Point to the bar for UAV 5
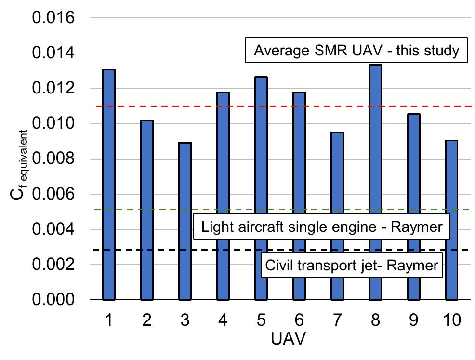click(x=261, y=188)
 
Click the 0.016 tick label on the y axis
click(x=53, y=18)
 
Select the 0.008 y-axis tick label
click(x=53, y=159)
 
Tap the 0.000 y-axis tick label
click(x=53, y=300)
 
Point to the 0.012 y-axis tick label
click(x=53, y=89)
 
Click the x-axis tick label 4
click(x=223, y=320)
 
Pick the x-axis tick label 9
click(x=413, y=320)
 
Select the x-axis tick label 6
click(x=299, y=320)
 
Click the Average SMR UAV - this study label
click(x=356, y=50)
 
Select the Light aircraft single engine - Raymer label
click(x=321, y=227)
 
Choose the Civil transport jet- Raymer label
click(x=352, y=265)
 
